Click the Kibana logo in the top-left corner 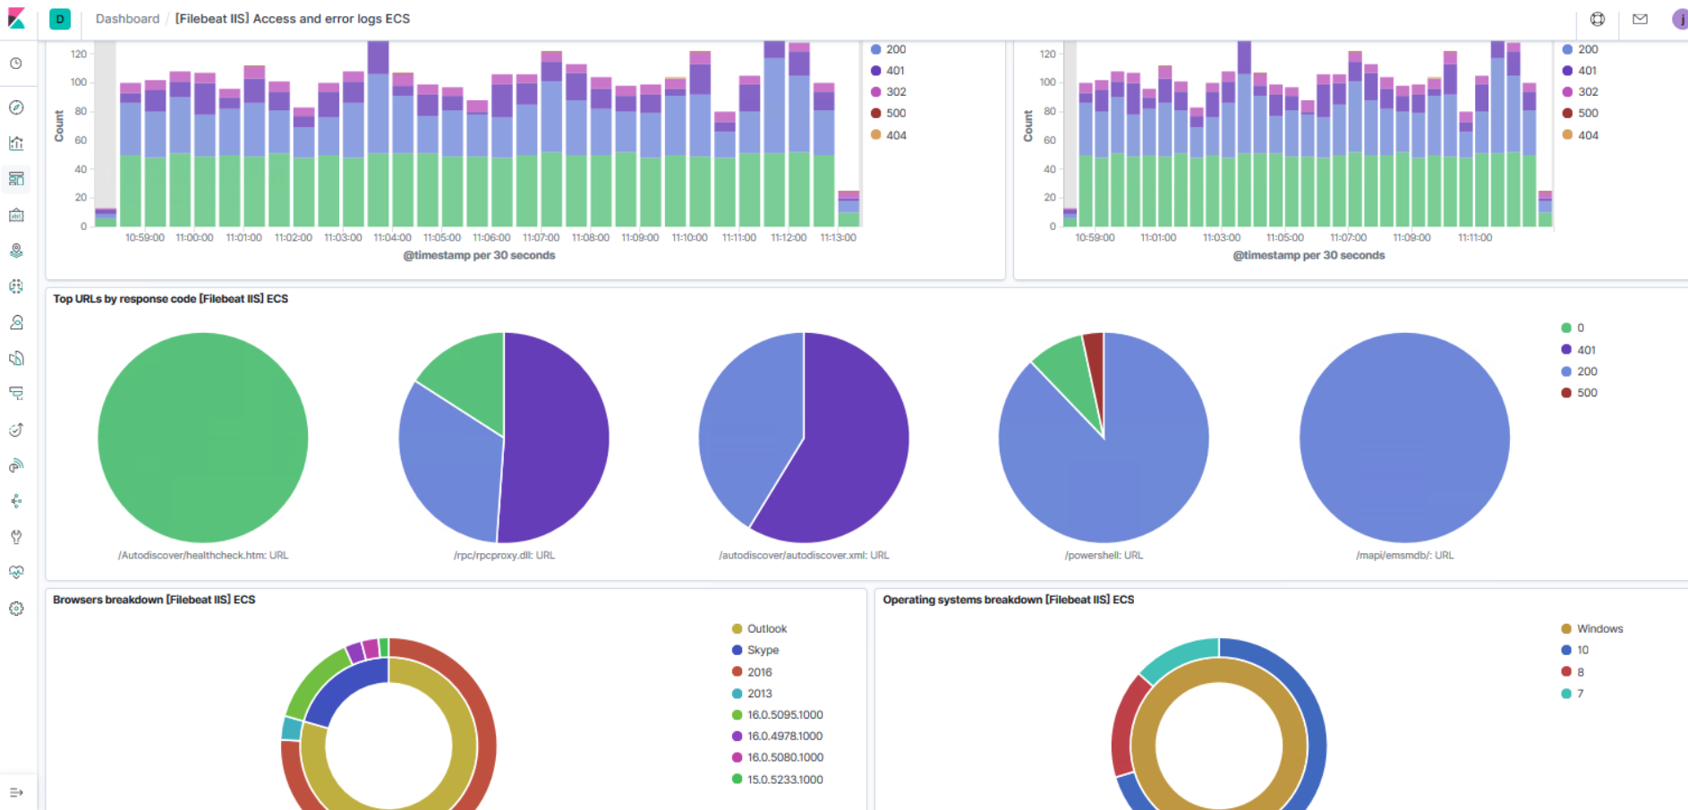pos(16,18)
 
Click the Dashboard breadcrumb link pos(127,19)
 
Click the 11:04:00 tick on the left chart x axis pos(392,238)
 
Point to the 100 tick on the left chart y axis pos(79,82)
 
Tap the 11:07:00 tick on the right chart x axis pos(1348,238)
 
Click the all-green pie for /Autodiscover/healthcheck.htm pos(203,438)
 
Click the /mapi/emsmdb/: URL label pos(1404,556)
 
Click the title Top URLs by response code pos(170,299)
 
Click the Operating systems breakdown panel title pos(1008,600)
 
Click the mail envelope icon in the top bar pos(1640,19)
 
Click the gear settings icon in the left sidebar pos(16,609)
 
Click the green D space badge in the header pos(60,19)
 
